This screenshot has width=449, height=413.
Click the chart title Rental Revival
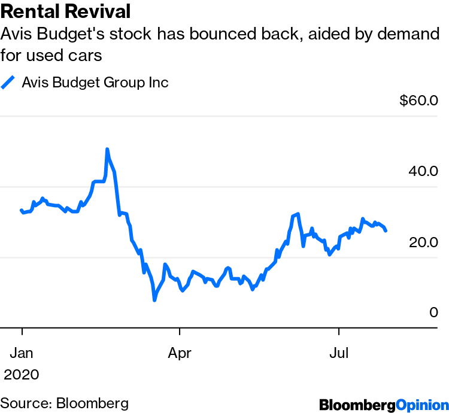click(66, 11)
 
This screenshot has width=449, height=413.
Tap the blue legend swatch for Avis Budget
click(8, 83)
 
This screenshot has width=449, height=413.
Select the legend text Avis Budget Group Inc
click(95, 83)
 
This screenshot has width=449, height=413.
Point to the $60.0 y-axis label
click(419, 100)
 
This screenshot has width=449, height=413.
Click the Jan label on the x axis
click(22, 353)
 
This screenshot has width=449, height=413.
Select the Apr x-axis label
click(180, 353)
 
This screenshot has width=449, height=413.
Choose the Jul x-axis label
click(339, 353)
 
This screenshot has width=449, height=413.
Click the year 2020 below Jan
click(22, 375)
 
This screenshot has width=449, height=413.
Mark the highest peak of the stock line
click(107, 149)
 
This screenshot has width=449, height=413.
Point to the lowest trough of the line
click(154, 299)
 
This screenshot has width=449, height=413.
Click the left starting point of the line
click(22, 210)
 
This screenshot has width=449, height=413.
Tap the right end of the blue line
click(386, 230)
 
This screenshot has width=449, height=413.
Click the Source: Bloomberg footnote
click(65, 402)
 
